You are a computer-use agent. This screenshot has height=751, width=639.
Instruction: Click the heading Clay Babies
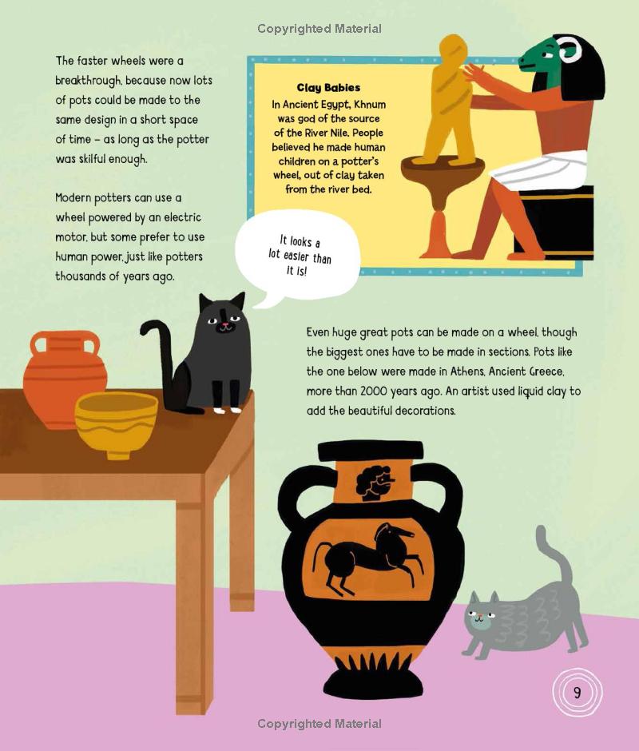[x=328, y=88]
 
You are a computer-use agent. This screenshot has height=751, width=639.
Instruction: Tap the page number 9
[x=577, y=693]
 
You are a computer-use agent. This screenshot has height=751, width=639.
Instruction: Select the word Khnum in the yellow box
[x=369, y=105]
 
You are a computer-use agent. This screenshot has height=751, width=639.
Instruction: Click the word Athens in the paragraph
[x=467, y=372]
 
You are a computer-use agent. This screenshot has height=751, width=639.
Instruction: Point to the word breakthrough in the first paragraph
[x=88, y=81]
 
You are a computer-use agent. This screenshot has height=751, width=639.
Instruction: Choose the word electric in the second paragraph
[x=182, y=217]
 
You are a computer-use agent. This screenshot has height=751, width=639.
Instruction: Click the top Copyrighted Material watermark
[x=319, y=29]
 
